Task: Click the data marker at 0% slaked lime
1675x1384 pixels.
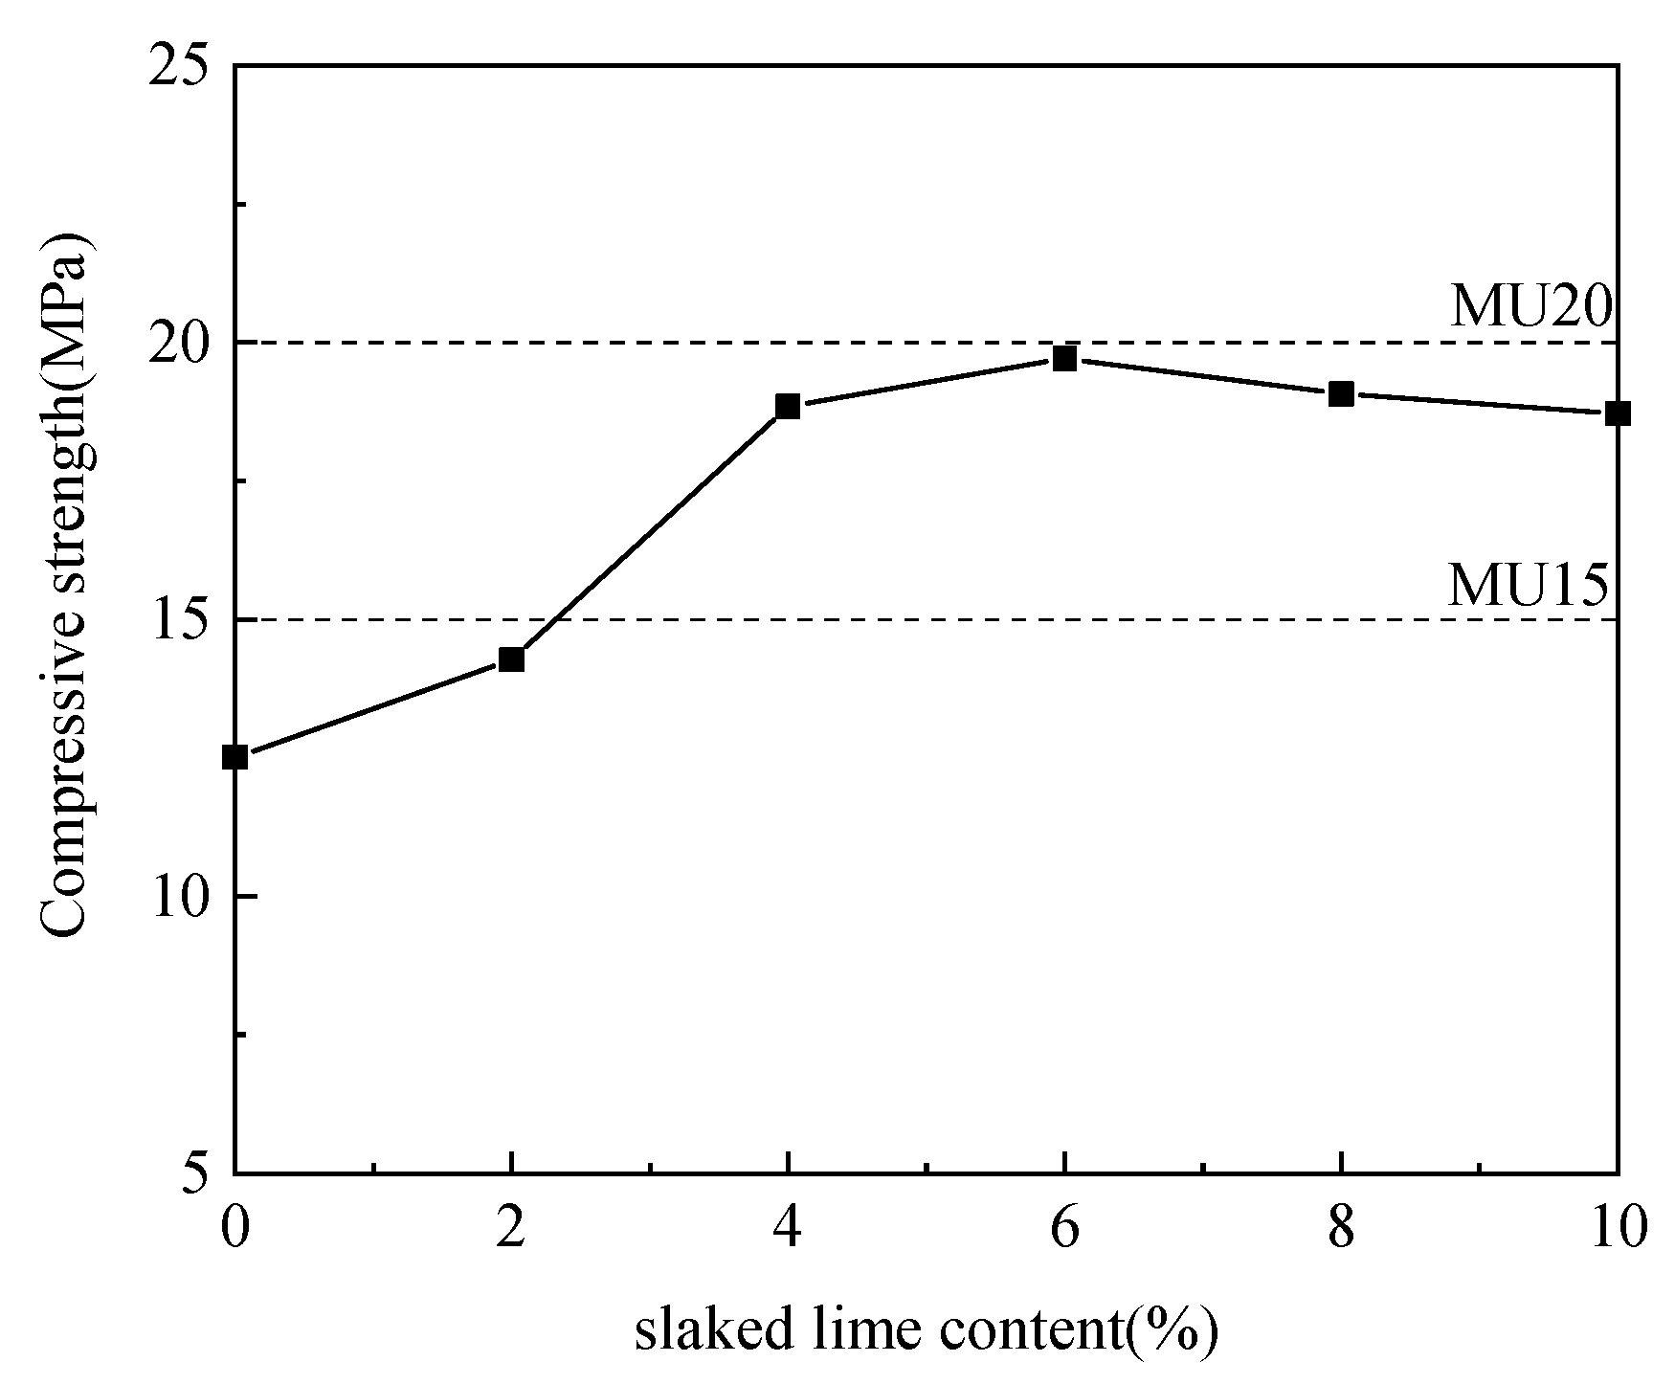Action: point(234,757)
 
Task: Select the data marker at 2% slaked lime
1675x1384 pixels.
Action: point(511,659)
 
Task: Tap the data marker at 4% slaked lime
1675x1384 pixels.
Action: point(788,406)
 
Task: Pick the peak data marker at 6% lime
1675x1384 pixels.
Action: point(1064,359)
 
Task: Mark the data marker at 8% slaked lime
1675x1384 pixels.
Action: point(1341,393)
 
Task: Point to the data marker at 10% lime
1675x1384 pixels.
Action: point(1617,413)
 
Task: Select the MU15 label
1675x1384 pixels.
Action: point(1528,585)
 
